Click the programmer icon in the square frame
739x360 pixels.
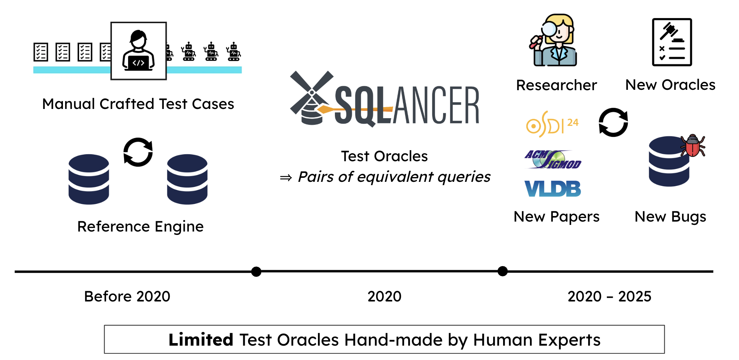pos(138,51)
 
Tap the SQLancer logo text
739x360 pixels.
pos(407,105)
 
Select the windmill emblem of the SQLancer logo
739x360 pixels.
pos(311,97)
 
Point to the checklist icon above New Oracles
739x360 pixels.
pos(672,42)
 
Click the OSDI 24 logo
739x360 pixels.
pos(552,124)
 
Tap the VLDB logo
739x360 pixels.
pos(552,188)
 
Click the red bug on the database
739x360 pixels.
pos(693,145)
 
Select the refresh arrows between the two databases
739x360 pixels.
pos(138,152)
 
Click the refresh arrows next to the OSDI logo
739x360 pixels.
pos(613,122)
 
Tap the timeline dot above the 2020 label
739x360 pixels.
pos(256,272)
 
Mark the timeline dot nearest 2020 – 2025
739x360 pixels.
pos(502,271)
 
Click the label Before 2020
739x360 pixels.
pos(127,296)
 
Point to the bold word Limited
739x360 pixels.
pos(201,340)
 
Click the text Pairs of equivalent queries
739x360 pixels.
pos(394,177)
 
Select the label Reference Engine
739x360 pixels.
pos(140,226)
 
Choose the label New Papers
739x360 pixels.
pos(556,217)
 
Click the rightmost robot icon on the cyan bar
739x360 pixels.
pos(234,52)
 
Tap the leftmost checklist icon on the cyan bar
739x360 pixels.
pos(41,52)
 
